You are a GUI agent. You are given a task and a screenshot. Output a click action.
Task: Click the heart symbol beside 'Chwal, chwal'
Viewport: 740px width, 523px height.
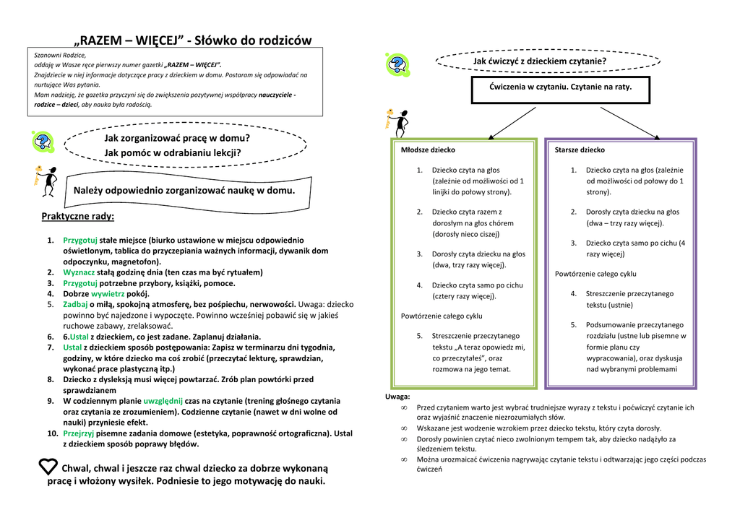tap(48, 467)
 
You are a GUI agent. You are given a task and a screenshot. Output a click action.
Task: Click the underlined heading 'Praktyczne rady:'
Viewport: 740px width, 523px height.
tap(77, 216)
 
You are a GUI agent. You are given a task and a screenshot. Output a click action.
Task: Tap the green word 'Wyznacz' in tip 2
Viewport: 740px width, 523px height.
tap(79, 272)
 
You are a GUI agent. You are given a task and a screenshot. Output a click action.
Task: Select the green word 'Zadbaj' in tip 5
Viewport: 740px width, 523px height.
tap(76, 304)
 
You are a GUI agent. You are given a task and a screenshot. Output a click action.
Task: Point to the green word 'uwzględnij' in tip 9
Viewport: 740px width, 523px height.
tap(163, 400)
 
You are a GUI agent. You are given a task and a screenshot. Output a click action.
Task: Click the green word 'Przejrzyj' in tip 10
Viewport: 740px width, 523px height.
tap(79, 433)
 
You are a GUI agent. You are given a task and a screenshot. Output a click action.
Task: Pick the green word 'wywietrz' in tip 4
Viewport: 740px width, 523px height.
tap(108, 294)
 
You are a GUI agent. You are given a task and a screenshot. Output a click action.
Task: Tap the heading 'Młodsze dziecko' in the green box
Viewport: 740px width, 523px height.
tap(428, 150)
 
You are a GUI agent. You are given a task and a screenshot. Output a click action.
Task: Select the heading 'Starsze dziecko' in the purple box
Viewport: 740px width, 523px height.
tap(580, 150)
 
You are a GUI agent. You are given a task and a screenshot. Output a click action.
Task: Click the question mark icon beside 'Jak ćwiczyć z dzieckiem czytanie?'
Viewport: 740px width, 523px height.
tap(397, 65)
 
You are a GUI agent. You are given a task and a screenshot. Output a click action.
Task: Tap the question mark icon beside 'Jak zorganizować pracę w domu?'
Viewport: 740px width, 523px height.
tap(43, 142)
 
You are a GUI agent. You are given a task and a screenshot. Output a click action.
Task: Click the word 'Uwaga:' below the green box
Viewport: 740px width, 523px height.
tap(397, 397)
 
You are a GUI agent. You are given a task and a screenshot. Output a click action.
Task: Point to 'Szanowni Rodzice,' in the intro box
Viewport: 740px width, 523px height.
tap(60, 55)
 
